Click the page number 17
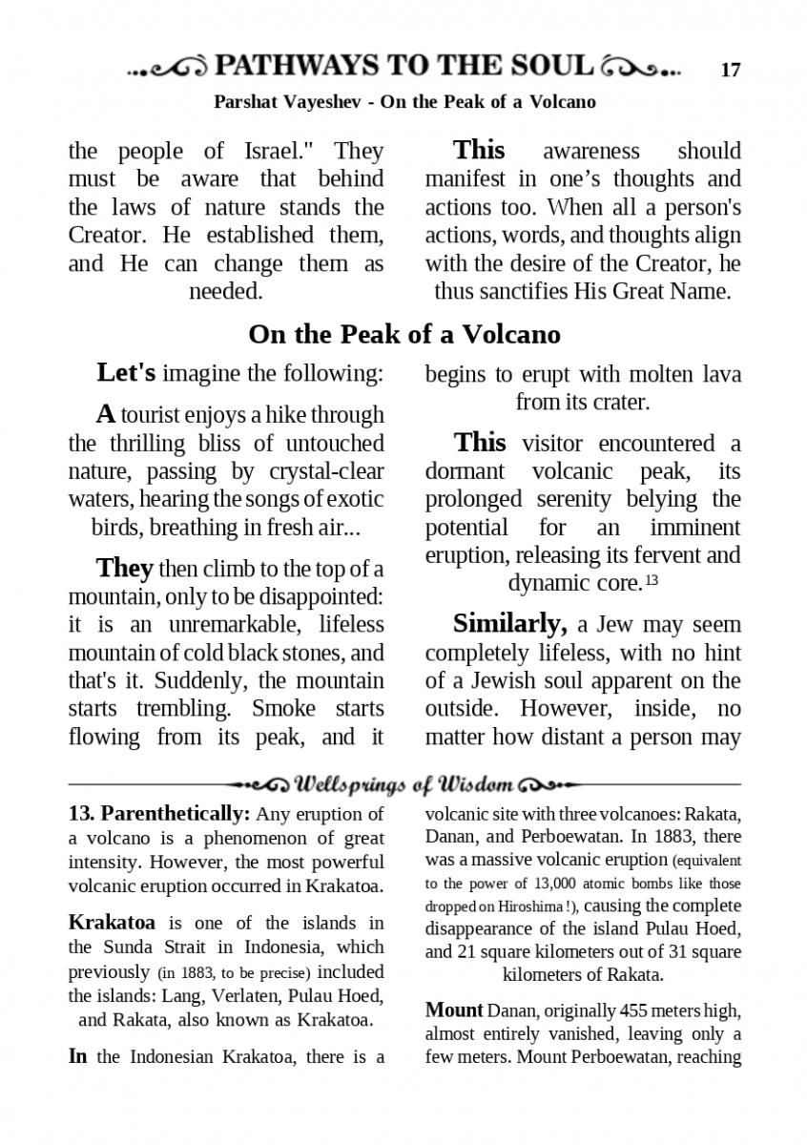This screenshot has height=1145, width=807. (x=731, y=70)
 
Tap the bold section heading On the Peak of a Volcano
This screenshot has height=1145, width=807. (x=404, y=335)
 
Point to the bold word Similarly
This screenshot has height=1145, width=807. (x=510, y=625)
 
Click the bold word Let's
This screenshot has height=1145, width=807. (x=126, y=373)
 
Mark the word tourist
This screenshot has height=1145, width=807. (x=156, y=415)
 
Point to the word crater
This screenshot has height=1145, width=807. (x=619, y=402)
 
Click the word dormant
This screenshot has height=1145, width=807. (x=464, y=471)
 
